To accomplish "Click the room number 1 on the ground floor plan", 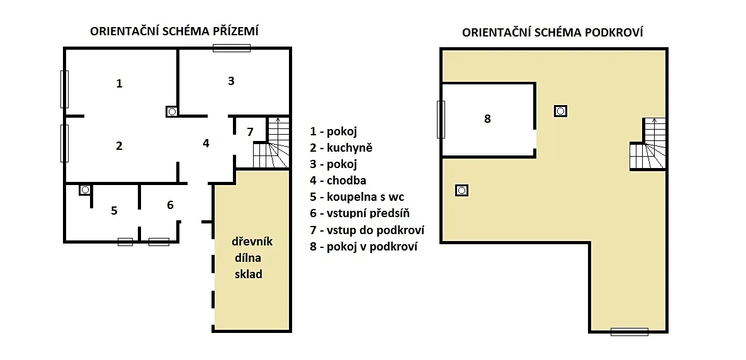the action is [x=119, y=84].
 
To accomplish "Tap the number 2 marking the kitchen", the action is [x=119, y=146].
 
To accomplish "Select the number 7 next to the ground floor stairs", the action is [x=251, y=132].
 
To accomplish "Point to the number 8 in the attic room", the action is [x=487, y=119].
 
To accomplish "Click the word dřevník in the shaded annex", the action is [x=252, y=242].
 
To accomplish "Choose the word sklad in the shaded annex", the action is [x=248, y=274].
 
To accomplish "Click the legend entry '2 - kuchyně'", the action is [x=341, y=148].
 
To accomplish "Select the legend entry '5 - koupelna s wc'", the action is [x=357, y=197].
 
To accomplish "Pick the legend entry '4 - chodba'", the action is [x=338, y=180].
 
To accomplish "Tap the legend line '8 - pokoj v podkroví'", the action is [x=363, y=247].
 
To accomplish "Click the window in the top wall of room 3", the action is [x=232, y=48].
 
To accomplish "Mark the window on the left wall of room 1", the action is [x=64, y=89].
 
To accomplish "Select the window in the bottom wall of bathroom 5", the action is [x=125, y=242].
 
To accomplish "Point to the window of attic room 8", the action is [x=441, y=120].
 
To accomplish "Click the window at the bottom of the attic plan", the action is [x=630, y=332].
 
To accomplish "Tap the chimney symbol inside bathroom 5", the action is [x=85, y=189].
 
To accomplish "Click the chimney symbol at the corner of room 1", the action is [x=172, y=111].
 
